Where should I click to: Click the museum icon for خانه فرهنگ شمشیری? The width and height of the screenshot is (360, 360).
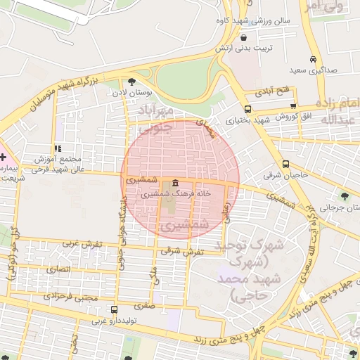click(174, 184)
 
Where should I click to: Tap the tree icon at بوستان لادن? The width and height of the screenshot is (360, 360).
click(131, 82)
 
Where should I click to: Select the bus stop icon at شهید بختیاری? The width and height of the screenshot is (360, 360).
click(247, 109)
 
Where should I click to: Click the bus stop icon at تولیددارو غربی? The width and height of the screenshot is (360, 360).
click(114, 309)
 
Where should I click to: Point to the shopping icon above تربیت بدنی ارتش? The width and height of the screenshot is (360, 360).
click(243, 37)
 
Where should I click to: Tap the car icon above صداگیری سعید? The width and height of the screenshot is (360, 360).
click(313, 60)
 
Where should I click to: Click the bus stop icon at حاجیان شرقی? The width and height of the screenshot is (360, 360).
click(285, 162)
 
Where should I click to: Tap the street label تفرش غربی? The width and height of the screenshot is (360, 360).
click(82, 244)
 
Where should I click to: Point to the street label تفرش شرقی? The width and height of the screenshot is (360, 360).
click(181, 251)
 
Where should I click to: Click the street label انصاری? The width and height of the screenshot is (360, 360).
click(58, 269)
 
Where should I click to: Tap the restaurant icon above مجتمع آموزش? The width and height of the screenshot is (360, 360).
click(58, 148)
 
